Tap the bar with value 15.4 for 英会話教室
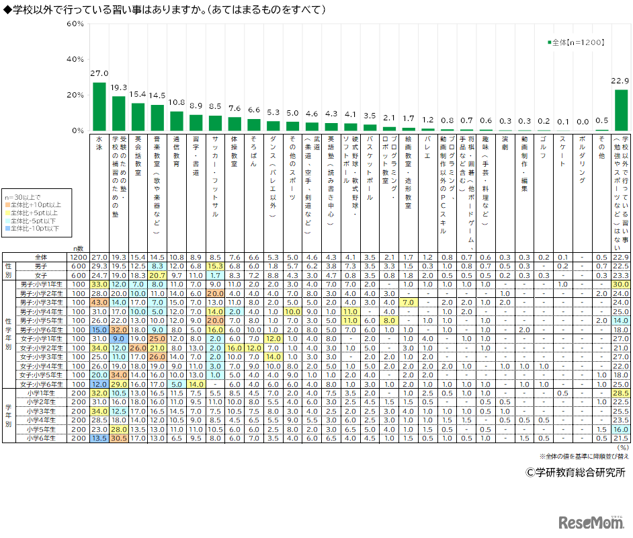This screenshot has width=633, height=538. [x=138, y=117]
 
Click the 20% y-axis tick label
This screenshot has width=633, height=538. [x=76, y=95]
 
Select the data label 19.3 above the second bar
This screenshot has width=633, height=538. [x=118, y=87]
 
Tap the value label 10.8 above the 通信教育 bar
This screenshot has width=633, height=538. [x=176, y=102]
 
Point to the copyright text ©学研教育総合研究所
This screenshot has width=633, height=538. [x=575, y=472]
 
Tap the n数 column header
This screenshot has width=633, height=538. [x=79, y=249]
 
